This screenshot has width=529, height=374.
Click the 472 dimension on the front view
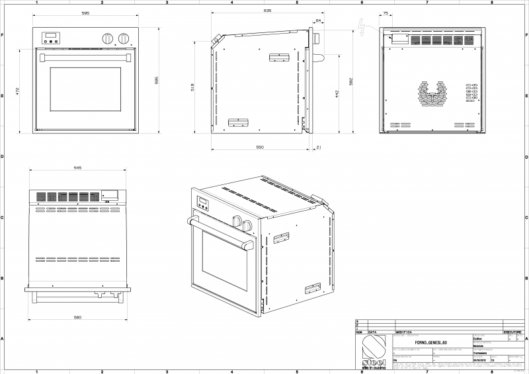[x=19, y=90]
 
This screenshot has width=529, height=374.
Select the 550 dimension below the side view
[x=260, y=147]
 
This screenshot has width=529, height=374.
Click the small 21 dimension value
[x=319, y=147]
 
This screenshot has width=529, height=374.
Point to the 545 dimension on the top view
[x=77, y=168]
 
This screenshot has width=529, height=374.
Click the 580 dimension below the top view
[x=77, y=318]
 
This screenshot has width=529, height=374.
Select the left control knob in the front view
[x=108, y=38]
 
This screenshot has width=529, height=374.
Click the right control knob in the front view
[x=124, y=38]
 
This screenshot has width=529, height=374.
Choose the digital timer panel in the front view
[x=50, y=38]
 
